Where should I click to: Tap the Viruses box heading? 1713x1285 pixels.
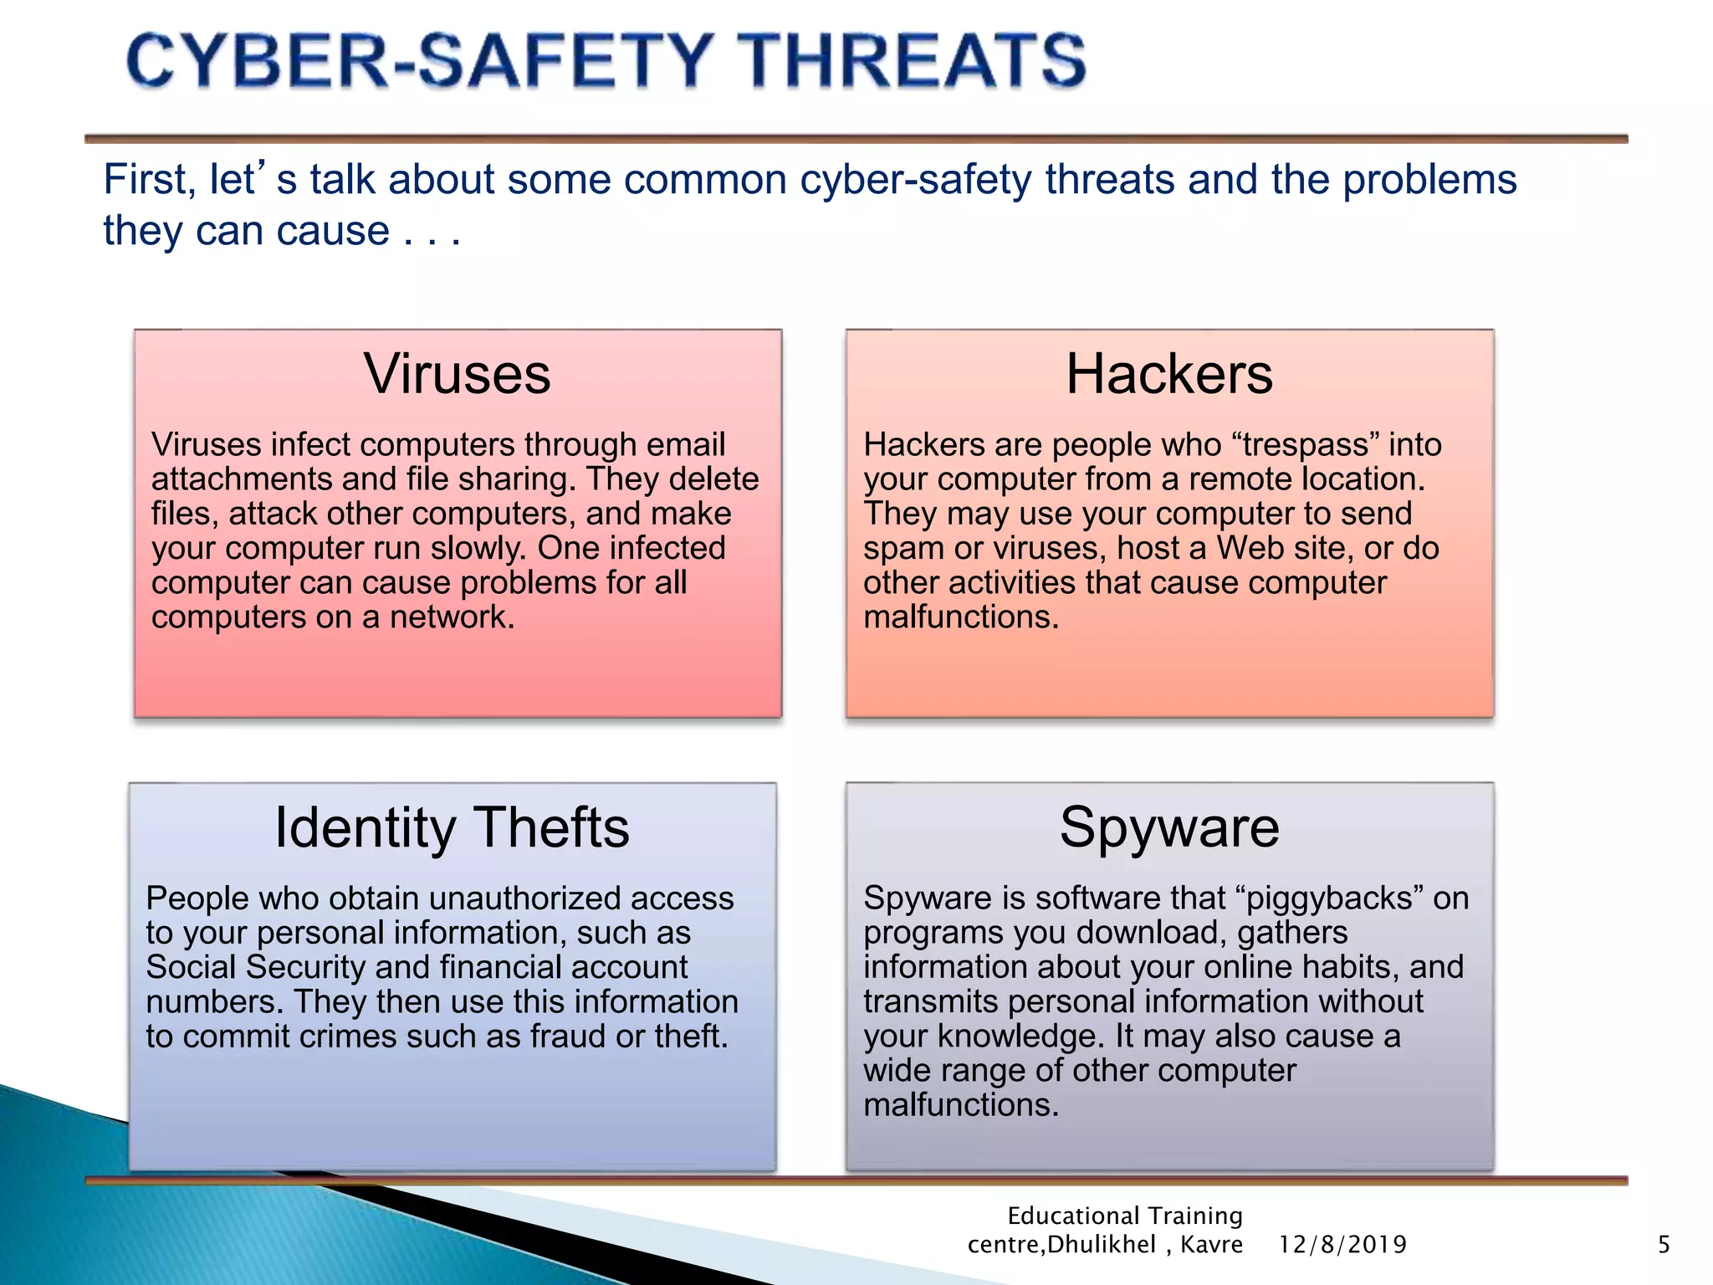tap(458, 374)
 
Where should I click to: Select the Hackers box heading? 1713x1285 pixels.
tap(1169, 374)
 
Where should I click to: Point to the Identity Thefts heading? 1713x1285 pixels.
tap(452, 827)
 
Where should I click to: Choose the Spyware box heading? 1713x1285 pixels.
tap(1169, 827)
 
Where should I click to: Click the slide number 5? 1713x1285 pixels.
tap(1664, 1245)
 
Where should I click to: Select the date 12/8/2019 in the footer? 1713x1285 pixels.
tap(1342, 1245)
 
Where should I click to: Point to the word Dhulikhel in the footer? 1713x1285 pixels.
tap(1102, 1245)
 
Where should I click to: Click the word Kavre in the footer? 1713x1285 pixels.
tap(1211, 1245)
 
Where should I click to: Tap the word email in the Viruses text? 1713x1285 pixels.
tap(688, 445)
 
